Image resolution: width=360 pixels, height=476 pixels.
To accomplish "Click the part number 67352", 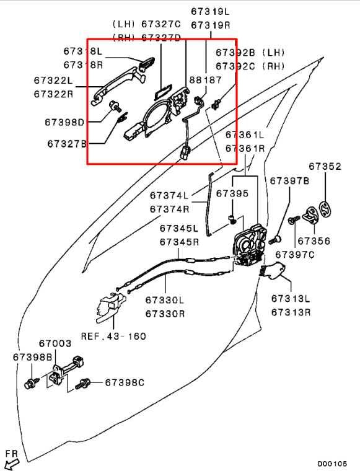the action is [x=325, y=166].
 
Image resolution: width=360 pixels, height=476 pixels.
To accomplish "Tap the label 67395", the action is [x=232, y=193].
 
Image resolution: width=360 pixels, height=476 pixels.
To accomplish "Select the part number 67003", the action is [x=55, y=343].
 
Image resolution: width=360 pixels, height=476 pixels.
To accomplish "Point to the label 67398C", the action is [x=125, y=382].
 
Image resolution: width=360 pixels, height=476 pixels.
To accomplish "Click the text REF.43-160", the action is [x=113, y=336].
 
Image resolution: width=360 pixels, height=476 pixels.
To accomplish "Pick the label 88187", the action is [x=206, y=80].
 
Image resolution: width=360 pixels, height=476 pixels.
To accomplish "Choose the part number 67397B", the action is [x=289, y=181].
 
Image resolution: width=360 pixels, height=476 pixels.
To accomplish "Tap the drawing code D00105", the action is [x=332, y=464].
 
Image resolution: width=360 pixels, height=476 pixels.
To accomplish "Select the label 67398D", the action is [x=64, y=122].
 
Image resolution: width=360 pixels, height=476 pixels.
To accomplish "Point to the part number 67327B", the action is [x=67, y=144].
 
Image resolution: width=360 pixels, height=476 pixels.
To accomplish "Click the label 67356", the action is [x=314, y=241].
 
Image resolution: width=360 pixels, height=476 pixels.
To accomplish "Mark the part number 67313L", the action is [x=291, y=298].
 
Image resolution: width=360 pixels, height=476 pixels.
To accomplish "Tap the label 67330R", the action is [x=165, y=313].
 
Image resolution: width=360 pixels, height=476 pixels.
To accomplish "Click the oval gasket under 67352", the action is [x=325, y=209].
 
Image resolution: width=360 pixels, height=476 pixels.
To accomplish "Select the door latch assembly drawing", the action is [x=249, y=245].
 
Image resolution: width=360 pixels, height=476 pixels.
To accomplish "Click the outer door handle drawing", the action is [x=118, y=85].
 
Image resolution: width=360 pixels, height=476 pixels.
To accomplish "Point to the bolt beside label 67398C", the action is [x=82, y=384].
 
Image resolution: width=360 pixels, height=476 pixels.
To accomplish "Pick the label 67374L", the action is [x=169, y=195].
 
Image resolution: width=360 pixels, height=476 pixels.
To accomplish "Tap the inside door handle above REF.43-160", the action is [x=110, y=307].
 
